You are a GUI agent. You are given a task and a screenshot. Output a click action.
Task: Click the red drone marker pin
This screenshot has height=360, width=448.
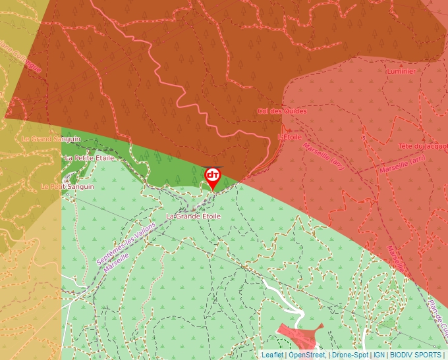[213, 177]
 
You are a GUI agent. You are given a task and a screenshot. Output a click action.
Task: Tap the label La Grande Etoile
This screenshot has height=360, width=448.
[193, 216]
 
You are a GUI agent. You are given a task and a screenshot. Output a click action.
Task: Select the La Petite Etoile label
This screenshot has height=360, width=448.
[90, 158]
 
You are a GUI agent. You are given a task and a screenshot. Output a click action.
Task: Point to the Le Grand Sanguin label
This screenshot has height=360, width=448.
[51, 139]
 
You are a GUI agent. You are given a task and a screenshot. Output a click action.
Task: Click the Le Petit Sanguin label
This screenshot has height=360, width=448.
[67, 187]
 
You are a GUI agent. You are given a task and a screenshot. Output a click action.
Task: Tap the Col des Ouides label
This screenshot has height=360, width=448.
[282, 111]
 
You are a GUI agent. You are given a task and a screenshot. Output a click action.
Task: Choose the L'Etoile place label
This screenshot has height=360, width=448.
[290, 138]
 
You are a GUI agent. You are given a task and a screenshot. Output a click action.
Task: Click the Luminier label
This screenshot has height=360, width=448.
[402, 71]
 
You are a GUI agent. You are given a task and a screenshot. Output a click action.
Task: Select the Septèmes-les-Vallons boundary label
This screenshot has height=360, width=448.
[126, 242]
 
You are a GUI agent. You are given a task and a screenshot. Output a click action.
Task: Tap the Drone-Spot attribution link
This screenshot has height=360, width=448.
[350, 355]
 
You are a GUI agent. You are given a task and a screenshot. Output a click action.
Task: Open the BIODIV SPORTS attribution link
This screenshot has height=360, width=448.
[415, 355]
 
